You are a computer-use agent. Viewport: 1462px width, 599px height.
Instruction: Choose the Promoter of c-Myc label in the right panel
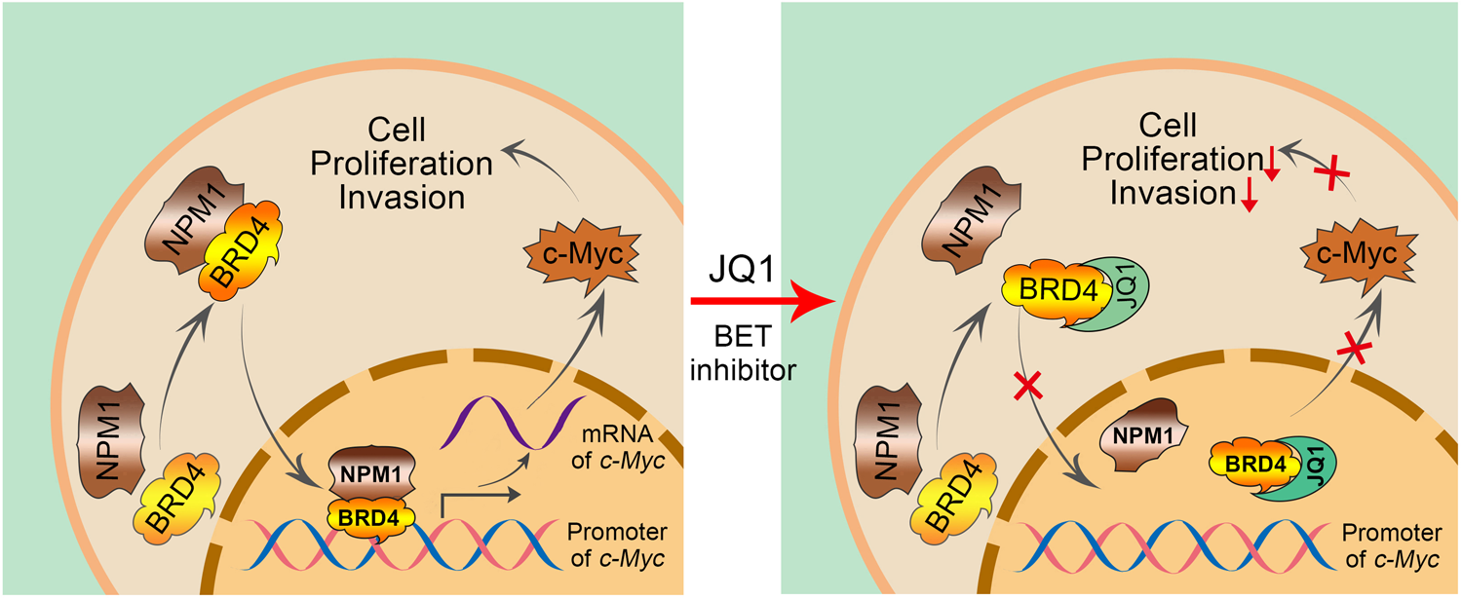click(x=1394, y=547)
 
